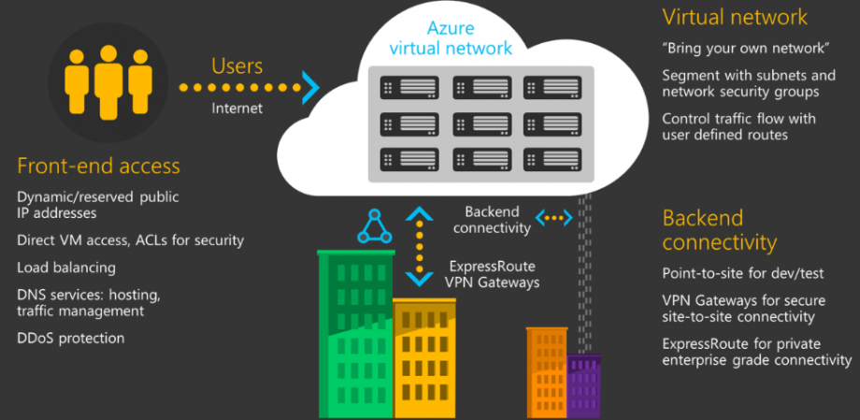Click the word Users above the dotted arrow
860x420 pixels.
point(237,66)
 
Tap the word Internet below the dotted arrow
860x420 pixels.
point(236,108)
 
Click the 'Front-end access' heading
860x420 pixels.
point(98,167)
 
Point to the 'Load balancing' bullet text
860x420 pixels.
point(66,268)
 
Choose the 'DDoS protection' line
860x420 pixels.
point(71,338)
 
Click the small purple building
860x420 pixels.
point(583,386)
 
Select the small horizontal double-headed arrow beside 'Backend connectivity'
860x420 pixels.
point(557,219)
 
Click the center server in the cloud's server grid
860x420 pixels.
point(482,123)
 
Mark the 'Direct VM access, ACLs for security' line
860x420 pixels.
point(130,240)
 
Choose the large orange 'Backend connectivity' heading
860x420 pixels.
point(720,230)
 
